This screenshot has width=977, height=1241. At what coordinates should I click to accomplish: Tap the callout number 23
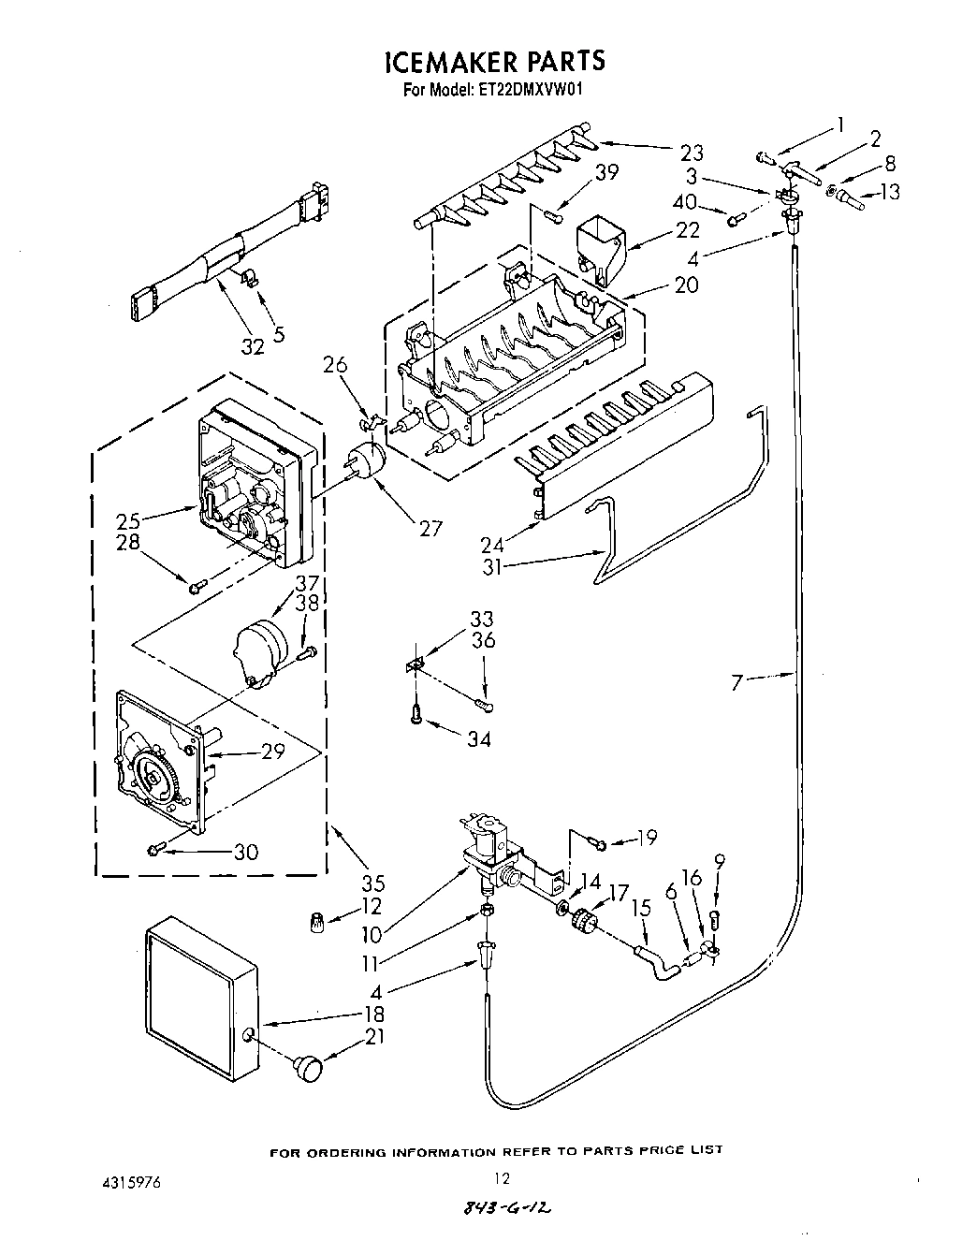[692, 152]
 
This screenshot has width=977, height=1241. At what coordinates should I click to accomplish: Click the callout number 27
[430, 528]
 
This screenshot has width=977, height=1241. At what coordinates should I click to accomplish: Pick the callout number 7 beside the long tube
[736, 683]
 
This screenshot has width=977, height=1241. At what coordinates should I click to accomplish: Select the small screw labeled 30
[155, 849]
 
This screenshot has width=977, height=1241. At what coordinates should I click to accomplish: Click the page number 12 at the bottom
[503, 1178]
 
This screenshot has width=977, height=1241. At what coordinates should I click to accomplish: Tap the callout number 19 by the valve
[647, 838]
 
